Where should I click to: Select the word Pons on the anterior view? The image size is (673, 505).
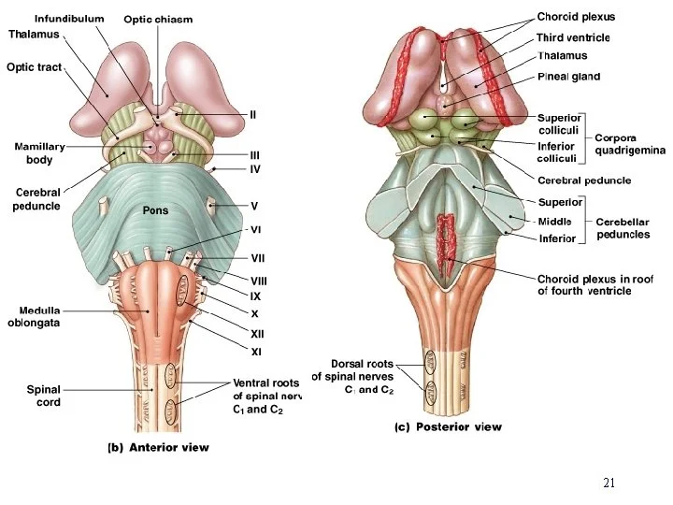pos(155,210)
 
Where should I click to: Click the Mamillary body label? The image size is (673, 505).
pos(39,153)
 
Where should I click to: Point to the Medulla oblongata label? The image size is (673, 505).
pos(35,316)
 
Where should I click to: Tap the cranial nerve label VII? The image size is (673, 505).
pos(259,258)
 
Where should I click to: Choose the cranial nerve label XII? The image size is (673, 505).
pos(257,333)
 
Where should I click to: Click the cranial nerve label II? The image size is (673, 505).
pos(252,114)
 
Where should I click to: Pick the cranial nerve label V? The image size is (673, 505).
pos(254,206)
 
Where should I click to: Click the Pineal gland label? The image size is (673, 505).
pos(568,77)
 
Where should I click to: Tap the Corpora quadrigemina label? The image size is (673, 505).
pos(631,144)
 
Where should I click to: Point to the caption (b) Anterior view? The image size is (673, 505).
pos(155,447)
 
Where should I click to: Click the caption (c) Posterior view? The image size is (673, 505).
pos(446,427)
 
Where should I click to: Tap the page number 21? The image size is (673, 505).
pos(609,483)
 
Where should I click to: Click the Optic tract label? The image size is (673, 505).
pos(34,67)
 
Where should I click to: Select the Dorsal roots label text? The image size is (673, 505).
pos(362,364)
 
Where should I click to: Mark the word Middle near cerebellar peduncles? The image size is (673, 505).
pos(555,222)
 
